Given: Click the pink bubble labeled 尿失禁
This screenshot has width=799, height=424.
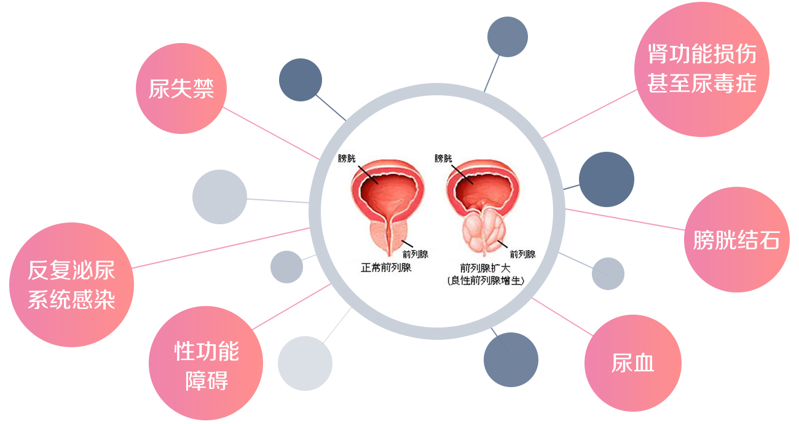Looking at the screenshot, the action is pyautogui.click(x=181, y=88).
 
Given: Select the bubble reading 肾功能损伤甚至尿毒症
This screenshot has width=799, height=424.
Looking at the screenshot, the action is pyautogui.click(x=702, y=69).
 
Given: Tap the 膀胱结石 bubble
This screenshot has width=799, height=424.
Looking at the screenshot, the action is pyautogui.click(x=737, y=240).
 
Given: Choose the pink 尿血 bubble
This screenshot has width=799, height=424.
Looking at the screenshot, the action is pyautogui.click(x=633, y=363).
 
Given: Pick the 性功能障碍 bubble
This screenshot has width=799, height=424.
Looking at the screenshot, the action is pyautogui.click(x=206, y=363).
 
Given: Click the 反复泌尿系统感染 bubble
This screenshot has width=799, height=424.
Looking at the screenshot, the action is pyautogui.click(x=71, y=285).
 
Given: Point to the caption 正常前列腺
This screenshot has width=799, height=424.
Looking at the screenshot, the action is pyautogui.click(x=386, y=267).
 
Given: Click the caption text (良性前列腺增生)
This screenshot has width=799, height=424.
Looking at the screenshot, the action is pyautogui.click(x=486, y=281).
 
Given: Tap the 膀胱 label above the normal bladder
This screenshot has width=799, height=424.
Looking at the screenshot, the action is pyautogui.click(x=347, y=159).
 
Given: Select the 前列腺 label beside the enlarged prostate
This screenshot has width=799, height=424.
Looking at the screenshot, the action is pyautogui.click(x=522, y=254).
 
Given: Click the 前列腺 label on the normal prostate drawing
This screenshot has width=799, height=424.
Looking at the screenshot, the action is pyautogui.click(x=415, y=254).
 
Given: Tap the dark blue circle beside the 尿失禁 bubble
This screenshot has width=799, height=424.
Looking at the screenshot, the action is pyautogui.click(x=301, y=80).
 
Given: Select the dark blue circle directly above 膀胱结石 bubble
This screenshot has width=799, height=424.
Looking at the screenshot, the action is pyautogui.click(x=607, y=179).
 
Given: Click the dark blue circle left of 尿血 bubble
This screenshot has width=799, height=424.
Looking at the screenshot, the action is pyautogui.click(x=511, y=360).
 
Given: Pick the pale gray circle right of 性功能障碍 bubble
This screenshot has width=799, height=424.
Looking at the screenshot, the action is pyautogui.click(x=305, y=363).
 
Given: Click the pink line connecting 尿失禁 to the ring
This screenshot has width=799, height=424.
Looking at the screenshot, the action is pyautogui.click(x=271, y=133).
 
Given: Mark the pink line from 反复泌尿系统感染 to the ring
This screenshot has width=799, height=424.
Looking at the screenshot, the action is pyautogui.click(x=221, y=248).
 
